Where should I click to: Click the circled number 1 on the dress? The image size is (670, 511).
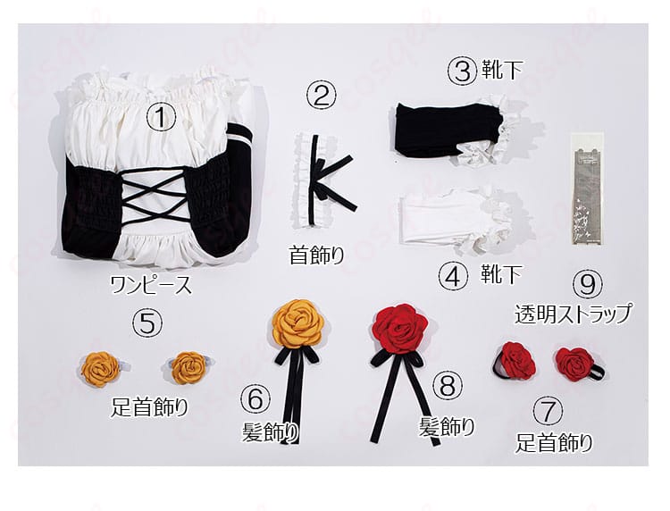(161, 117)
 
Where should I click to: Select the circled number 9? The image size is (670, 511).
(588, 285)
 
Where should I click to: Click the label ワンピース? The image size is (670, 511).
(151, 285)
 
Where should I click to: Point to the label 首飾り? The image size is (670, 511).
(316, 255)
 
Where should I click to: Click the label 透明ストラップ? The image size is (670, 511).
(573, 314)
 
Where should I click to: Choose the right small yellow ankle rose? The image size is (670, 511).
(188, 367)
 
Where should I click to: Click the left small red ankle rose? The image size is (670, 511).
(515, 360)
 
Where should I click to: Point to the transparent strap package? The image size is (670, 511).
(586, 188)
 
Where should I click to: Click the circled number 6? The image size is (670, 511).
(255, 400)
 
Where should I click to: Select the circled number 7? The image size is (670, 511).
(549, 413)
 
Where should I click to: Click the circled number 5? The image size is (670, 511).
(147, 323)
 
